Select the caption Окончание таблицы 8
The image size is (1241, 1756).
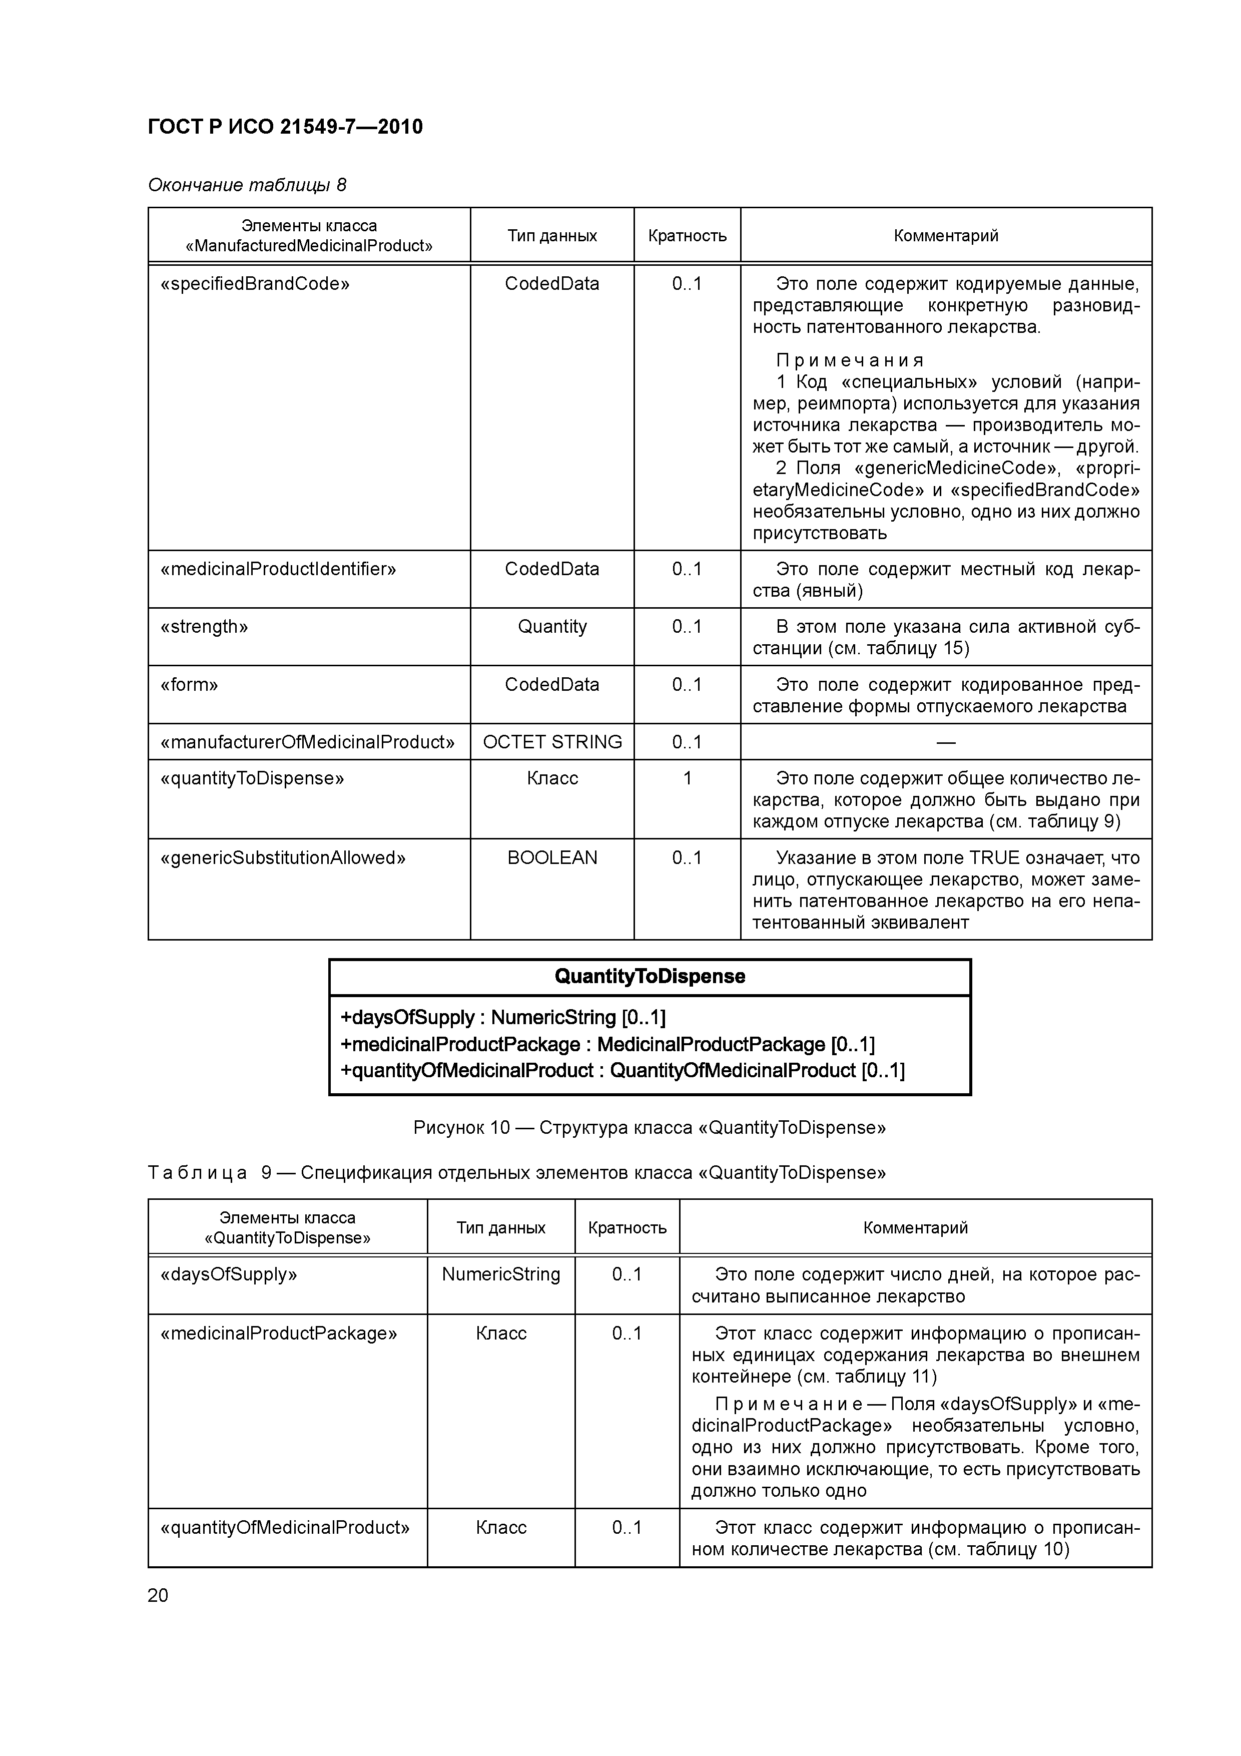(x=247, y=185)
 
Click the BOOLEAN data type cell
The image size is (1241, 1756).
(x=552, y=857)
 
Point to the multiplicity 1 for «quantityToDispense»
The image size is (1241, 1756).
(x=687, y=778)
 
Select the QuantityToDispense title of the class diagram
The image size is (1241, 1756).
(x=649, y=977)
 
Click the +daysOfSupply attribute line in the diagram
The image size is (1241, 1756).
(x=502, y=1018)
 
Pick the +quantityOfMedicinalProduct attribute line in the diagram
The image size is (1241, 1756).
(x=622, y=1071)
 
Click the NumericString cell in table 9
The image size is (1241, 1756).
(x=501, y=1274)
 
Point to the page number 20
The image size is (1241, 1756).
(x=158, y=1595)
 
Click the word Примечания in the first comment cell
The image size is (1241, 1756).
(x=850, y=360)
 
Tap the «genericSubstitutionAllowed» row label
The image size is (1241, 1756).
(x=283, y=857)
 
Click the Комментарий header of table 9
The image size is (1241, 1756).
(x=915, y=1227)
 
